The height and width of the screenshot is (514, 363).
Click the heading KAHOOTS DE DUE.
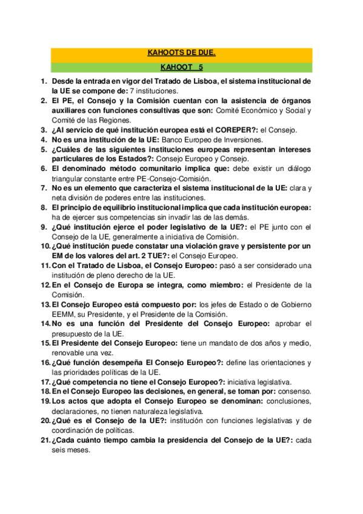(x=181, y=53)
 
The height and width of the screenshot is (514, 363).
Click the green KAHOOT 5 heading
(x=181, y=67)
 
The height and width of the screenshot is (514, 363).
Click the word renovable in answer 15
(x=70, y=354)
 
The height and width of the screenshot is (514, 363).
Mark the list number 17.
(x=45, y=383)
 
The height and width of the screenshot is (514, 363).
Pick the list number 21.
(x=45, y=441)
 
